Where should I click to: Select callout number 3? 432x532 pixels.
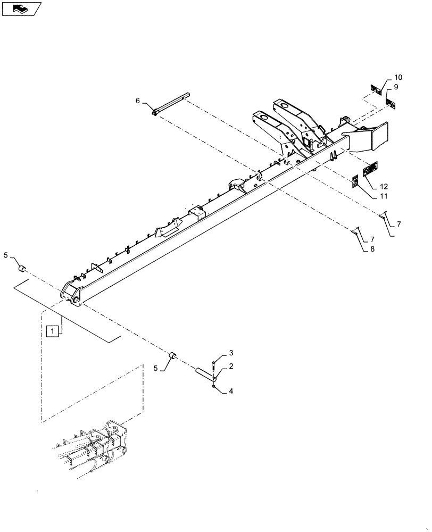pos(231,353)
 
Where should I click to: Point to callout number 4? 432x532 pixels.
pos(231,391)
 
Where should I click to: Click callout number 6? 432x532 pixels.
pos(138,101)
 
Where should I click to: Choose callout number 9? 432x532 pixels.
pos(396,87)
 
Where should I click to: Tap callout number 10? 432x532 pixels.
pos(398,77)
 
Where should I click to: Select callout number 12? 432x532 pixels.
pos(384,186)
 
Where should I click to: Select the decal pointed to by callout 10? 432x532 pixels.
pos(376,89)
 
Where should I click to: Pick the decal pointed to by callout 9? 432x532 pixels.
pos(391,103)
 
